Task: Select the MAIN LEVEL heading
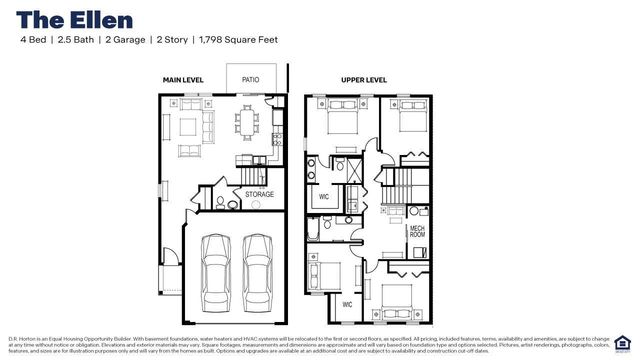(x=185, y=78)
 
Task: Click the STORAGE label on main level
(x=259, y=194)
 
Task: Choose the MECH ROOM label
(x=418, y=232)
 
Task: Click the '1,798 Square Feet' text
(x=239, y=40)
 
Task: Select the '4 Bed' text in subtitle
(x=33, y=40)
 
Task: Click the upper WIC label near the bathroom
(x=324, y=197)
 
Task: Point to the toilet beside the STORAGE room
(x=232, y=204)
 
